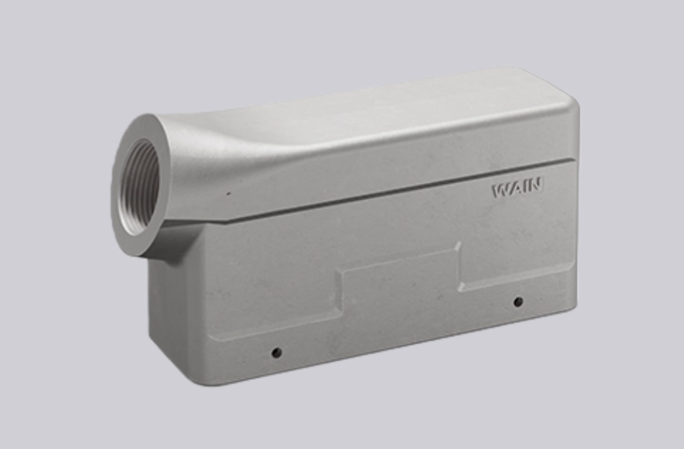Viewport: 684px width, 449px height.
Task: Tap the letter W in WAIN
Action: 501,190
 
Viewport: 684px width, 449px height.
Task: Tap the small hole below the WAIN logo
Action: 518,302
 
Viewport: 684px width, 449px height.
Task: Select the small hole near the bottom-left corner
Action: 276,353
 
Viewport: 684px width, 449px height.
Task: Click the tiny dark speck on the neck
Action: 228,193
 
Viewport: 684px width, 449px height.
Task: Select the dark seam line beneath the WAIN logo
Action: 410,190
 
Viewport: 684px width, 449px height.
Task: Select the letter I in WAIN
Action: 526,186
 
